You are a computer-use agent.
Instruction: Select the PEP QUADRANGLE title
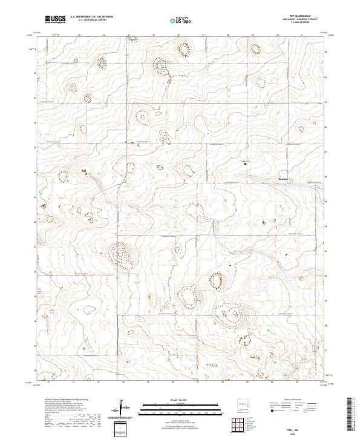(x=308, y=17)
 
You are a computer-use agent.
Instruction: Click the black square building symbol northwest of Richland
(x=245, y=163)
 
